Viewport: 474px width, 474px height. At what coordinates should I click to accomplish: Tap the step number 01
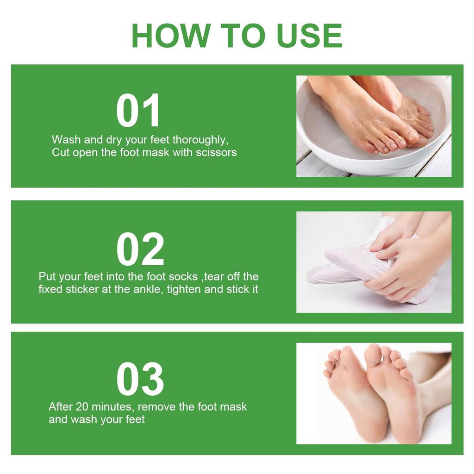click(138, 110)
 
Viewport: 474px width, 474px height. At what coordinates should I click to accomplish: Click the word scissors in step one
click(216, 152)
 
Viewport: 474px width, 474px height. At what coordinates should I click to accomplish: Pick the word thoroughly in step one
click(200, 140)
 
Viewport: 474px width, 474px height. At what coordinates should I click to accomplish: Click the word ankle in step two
click(149, 289)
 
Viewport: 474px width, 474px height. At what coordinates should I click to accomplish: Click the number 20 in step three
click(81, 406)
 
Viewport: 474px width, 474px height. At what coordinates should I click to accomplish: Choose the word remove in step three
click(156, 407)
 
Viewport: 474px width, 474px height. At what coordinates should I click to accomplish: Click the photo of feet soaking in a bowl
click(374, 126)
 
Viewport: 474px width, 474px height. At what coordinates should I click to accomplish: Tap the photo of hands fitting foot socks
click(374, 262)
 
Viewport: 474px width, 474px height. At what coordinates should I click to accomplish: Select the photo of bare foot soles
click(374, 393)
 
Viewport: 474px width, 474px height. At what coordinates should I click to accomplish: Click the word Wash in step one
click(66, 140)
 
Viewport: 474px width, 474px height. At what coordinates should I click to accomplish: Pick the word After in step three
click(61, 406)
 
